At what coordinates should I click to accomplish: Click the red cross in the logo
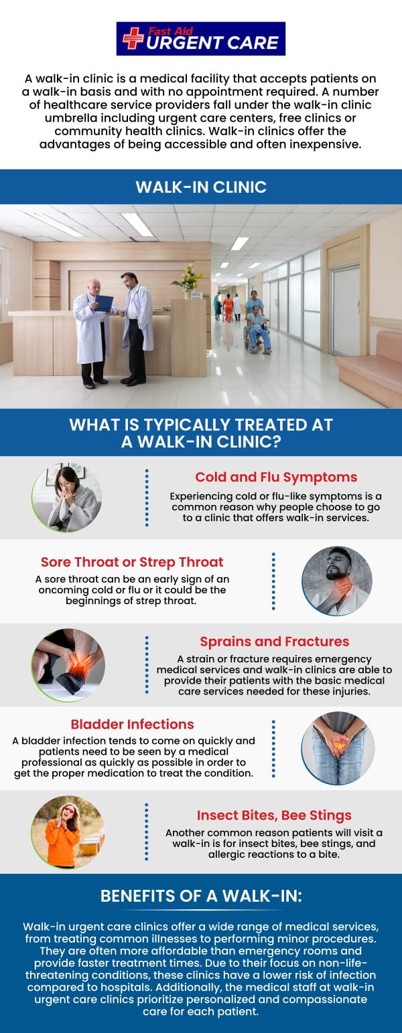tap(133, 38)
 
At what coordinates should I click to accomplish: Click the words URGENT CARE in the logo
tap(212, 43)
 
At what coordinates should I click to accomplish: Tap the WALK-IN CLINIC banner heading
tap(201, 187)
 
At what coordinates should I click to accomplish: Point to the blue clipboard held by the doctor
tap(104, 303)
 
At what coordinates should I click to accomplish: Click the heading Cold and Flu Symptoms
tap(276, 477)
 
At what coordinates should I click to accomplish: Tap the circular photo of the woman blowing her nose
tap(67, 498)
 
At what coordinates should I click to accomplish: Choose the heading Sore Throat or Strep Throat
tap(132, 562)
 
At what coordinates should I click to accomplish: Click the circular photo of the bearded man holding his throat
tap(337, 581)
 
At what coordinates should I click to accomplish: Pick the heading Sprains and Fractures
tap(274, 641)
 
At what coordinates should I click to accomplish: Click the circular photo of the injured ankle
tap(67, 664)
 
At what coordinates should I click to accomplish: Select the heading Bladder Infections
tap(133, 724)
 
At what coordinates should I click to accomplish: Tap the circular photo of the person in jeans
tap(337, 747)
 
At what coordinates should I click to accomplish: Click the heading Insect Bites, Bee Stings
tap(274, 815)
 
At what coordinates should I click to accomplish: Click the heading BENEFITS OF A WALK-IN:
tap(201, 896)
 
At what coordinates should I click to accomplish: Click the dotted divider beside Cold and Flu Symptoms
tap(147, 497)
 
